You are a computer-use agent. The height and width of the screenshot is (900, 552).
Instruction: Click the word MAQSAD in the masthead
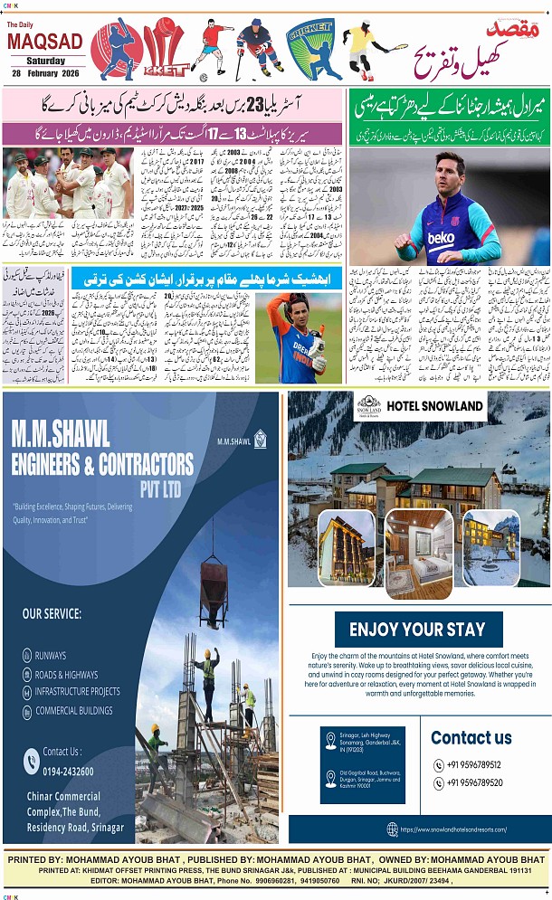click(x=44, y=43)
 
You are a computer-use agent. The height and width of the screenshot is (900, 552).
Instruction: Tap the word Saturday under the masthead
click(x=44, y=60)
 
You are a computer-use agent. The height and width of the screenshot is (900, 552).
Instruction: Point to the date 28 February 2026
click(x=44, y=72)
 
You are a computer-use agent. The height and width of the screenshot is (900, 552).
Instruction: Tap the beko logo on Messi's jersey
click(x=442, y=237)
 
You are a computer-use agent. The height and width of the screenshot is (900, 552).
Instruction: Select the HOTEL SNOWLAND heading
click(x=435, y=405)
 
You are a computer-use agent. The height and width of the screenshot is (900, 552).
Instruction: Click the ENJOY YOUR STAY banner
click(x=417, y=629)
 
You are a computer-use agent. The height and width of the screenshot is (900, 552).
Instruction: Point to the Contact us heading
click(x=471, y=737)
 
